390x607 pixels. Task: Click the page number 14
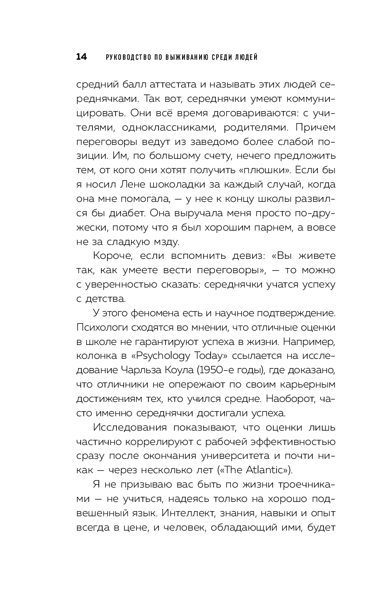[81, 57]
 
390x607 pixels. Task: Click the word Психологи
[99, 328]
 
